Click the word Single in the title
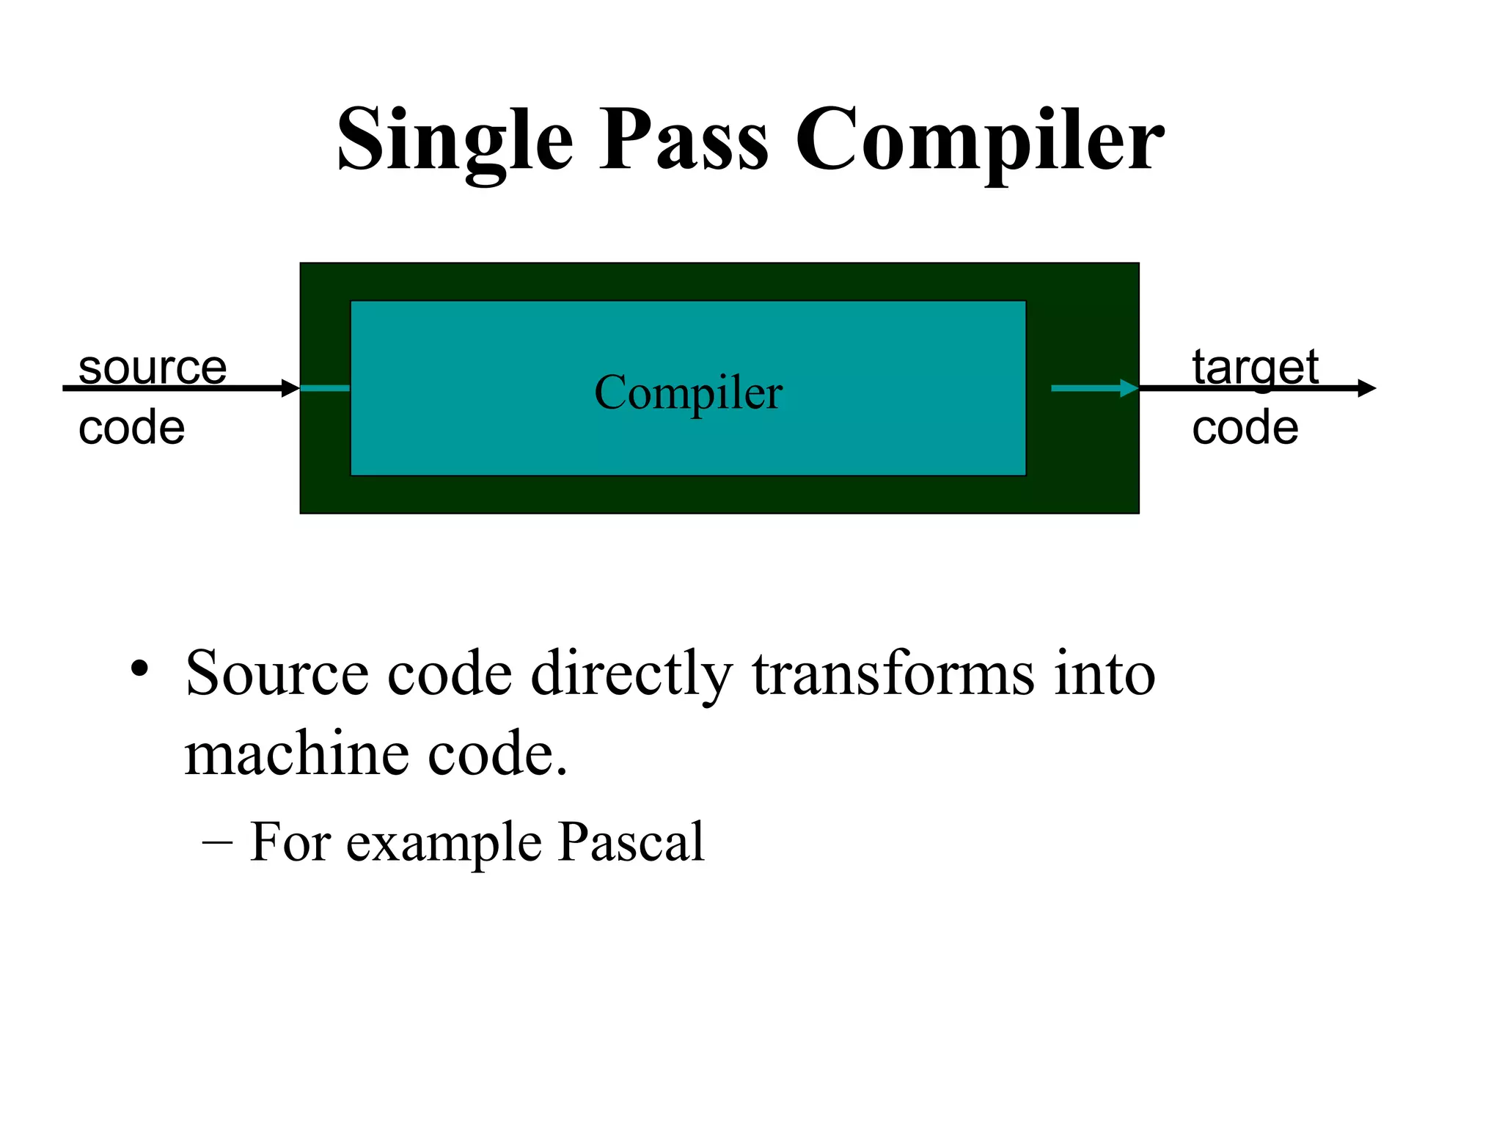point(455,139)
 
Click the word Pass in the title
point(684,139)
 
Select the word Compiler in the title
point(979,139)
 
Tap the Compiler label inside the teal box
point(688,392)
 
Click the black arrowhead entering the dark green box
point(291,388)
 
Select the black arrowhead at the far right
point(1366,388)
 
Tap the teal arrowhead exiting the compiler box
point(1129,388)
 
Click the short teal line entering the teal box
point(325,388)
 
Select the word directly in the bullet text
point(631,674)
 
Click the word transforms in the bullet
point(893,674)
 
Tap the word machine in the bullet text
point(296,754)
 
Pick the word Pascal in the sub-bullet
point(631,842)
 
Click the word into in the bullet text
point(1104,674)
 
